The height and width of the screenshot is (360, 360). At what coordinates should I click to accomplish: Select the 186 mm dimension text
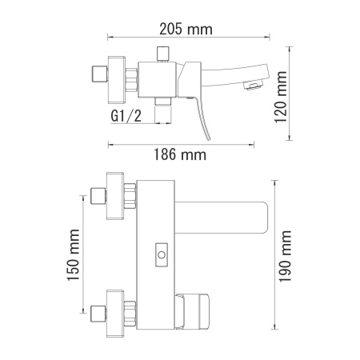coord(178,154)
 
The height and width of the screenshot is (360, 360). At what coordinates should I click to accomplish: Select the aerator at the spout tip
coord(253,82)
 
